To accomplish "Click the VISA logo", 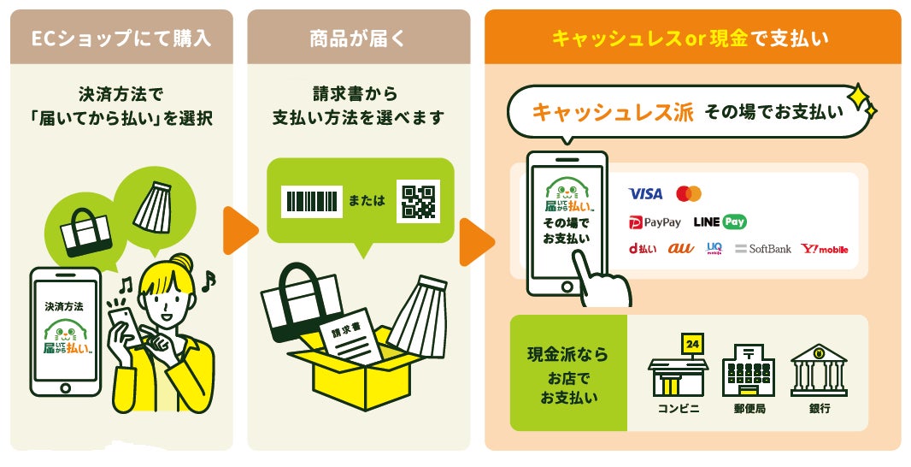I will [645, 194].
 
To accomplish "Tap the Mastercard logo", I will [688, 194].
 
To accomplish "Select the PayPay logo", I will [655, 222].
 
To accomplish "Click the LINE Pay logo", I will [720, 222].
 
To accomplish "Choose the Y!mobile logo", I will [825, 249].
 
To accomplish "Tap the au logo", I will [680, 249].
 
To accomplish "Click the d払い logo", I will [643, 249].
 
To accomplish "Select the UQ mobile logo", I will [714, 249].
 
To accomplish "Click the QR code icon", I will [418, 201].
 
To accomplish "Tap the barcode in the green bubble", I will [312, 201].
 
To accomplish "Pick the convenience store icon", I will [679, 368].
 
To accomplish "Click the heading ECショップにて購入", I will [120, 38].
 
